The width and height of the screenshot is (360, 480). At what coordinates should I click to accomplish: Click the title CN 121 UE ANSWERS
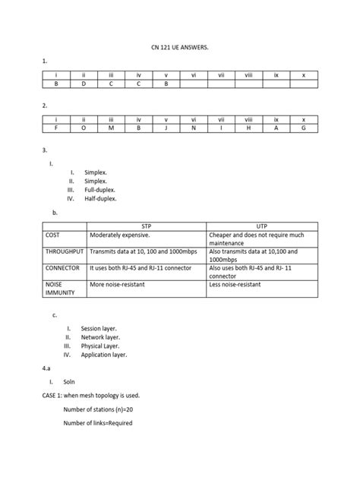click(x=180, y=47)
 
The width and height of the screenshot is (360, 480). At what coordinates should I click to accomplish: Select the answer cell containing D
click(x=84, y=84)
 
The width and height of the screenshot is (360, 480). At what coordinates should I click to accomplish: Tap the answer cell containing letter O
click(x=84, y=128)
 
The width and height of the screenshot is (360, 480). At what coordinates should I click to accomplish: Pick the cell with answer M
click(x=111, y=128)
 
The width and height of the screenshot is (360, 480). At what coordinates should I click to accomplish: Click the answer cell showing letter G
click(x=303, y=128)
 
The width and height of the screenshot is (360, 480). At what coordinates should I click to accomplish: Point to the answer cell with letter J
click(x=166, y=128)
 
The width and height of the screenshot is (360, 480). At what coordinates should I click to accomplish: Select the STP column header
click(x=147, y=227)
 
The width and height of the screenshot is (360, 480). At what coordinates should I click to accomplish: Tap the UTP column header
click(x=262, y=227)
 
